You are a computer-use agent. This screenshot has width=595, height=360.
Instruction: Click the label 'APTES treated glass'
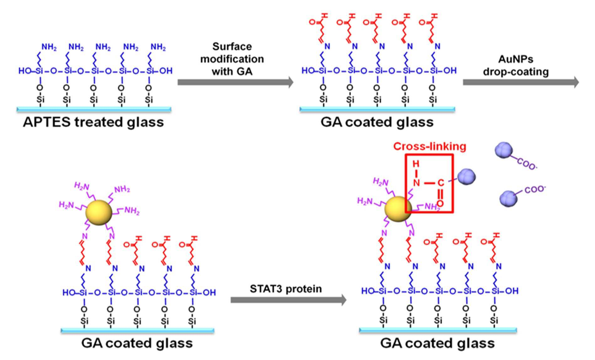[x=93, y=122]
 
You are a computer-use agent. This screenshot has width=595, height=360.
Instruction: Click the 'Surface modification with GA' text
[x=232, y=59]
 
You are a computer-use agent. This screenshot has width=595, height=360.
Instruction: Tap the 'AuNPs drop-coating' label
[x=516, y=66]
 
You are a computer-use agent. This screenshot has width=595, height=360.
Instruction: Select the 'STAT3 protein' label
[x=286, y=289]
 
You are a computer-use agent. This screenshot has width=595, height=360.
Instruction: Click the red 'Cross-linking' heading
[x=430, y=146]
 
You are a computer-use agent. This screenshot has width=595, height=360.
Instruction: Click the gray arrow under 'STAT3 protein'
[x=289, y=300]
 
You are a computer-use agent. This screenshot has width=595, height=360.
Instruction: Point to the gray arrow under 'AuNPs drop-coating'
[x=521, y=82]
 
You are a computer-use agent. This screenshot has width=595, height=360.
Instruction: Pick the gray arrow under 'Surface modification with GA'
[x=236, y=82]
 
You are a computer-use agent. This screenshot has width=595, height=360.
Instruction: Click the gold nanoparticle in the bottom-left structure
[x=98, y=213]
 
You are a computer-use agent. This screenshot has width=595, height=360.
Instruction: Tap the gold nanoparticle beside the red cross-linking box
[x=398, y=209]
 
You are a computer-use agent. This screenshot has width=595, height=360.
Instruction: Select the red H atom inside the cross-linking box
[x=416, y=164]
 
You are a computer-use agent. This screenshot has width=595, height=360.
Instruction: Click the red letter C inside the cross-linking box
[x=441, y=183]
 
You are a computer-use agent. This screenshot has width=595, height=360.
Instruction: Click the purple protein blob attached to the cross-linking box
[x=466, y=177]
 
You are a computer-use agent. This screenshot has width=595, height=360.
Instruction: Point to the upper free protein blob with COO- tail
[x=504, y=150]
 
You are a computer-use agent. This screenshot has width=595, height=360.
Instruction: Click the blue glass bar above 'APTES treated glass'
[x=94, y=109]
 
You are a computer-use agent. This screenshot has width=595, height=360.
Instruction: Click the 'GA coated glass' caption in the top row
[x=377, y=122]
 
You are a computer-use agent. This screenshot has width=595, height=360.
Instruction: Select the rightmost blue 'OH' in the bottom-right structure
[x=512, y=291]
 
